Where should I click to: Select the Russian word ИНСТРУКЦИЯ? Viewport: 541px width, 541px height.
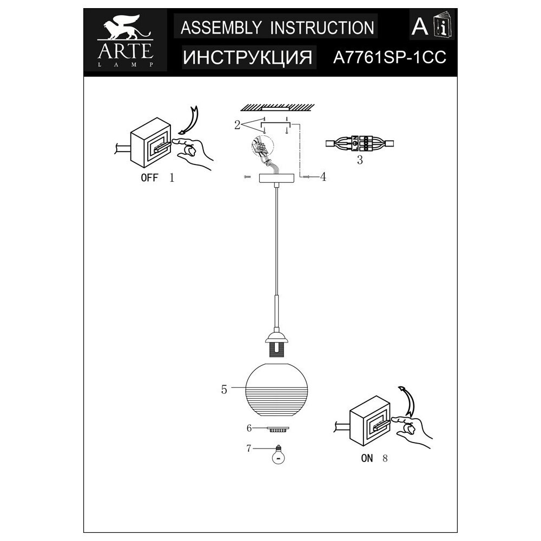[x=248, y=58]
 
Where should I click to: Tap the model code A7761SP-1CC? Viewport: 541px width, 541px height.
[x=388, y=58]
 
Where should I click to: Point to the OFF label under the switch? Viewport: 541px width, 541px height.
[x=150, y=177]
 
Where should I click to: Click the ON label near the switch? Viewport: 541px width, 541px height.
[x=367, y=458]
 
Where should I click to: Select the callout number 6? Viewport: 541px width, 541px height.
[x=249, y=428]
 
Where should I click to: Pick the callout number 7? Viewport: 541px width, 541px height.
[x=249, y=448]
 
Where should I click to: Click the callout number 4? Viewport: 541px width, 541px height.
[x=322, y=176]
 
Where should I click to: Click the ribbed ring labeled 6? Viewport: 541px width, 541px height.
[x=278, y=430]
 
